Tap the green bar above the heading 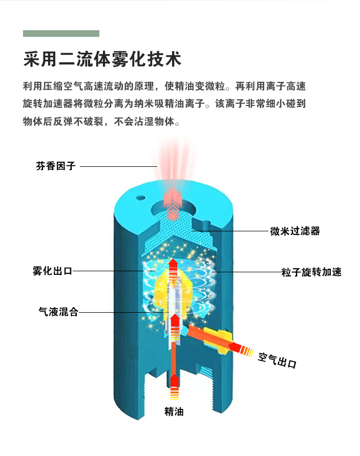click(61, 33)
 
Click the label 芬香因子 click(56, 166)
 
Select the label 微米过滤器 click(295, 231)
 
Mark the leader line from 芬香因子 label click(118, 166)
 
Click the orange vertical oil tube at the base click(175, 358)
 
